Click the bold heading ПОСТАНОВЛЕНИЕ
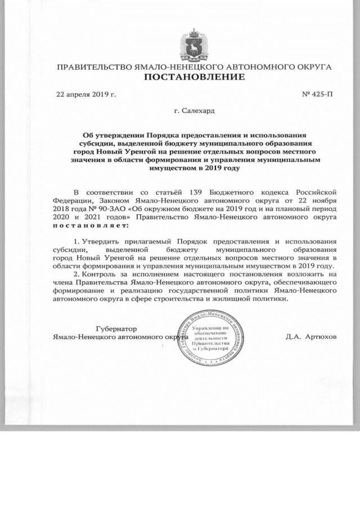(x=195, y=76)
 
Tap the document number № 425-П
(x=318, y=94)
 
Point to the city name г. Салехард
(x=194, y=111)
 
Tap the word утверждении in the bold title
(x=120, y=136)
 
